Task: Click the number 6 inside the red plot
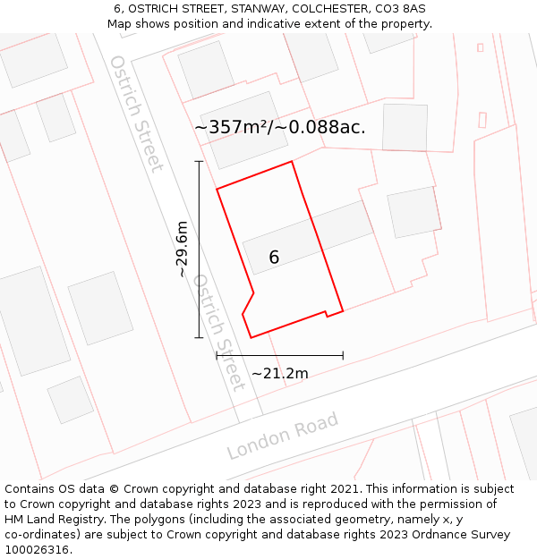click(274, 258)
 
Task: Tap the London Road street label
click(283, 435)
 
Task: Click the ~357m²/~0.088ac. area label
click(279, 127)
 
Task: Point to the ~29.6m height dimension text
click(182, 249)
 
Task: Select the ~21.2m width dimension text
click(279, 373)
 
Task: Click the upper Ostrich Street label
click(136, 113)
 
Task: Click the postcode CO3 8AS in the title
click(400, 9)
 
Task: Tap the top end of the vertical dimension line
click(199, 161)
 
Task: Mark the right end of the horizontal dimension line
click(344, 356)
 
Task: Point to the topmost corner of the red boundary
click(293, 162)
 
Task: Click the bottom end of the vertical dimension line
click(199, 337)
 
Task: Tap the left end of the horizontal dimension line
click(217, 356)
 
